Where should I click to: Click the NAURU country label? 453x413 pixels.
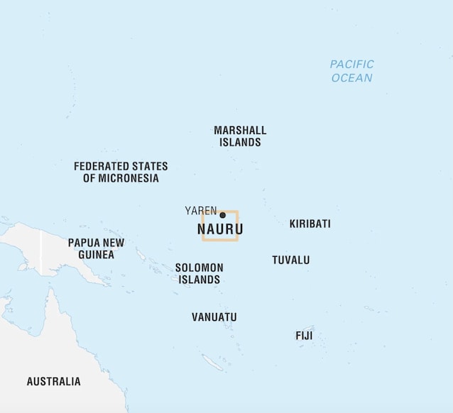pos(220,230)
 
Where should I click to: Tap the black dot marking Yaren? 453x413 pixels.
pos(222,215)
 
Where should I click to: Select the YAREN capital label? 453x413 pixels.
pos(200,211)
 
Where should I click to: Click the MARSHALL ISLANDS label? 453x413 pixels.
pos(240,136)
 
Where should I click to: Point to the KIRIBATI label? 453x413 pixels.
pos(310,224)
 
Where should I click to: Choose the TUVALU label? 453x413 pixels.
pos(290,260)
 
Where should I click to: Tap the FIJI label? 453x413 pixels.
pos(304,336)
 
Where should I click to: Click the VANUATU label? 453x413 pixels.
pos(214,317)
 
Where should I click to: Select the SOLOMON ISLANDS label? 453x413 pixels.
pos(199,274)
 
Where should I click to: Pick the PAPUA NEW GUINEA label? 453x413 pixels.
pos(96,248)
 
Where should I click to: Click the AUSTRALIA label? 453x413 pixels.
pos(53,382)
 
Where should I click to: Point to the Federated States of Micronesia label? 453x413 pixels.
pos(121,172)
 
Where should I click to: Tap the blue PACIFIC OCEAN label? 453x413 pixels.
pos(351,71)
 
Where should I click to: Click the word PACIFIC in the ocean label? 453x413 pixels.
pos(351,65)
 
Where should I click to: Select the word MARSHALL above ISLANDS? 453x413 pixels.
pos(240,131)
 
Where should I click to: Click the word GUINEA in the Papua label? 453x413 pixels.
pos(96,255)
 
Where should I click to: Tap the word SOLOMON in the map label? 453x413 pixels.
pos(199,268)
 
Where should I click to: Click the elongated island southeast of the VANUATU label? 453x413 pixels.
pos(212,363)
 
